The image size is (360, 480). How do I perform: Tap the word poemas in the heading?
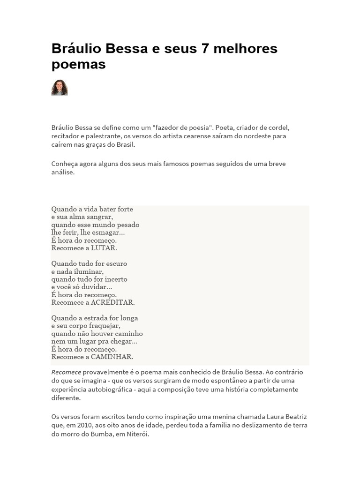click(x=78, y=64)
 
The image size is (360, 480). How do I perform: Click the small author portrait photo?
click(x=60, y=88)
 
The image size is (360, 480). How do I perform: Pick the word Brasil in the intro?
click(x=124, y=144)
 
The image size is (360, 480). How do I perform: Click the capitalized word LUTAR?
click(x=104, y=248)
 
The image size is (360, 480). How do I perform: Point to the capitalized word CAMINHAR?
click(x=112, y=357)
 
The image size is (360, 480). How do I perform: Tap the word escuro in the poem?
click(x=115, y=263)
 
